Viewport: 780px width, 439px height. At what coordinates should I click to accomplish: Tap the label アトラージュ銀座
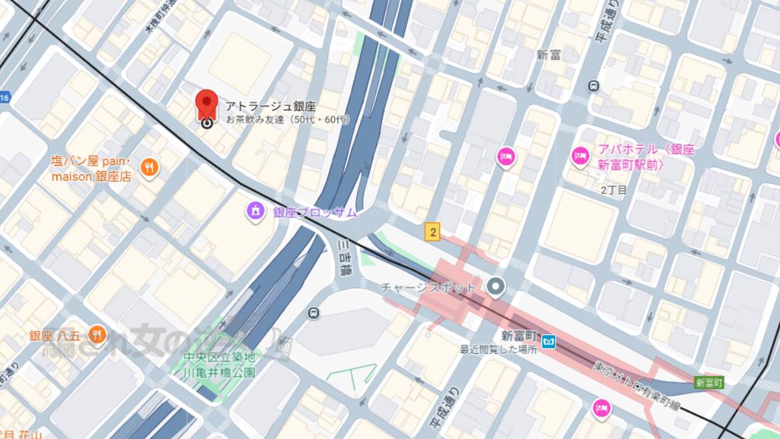click(270, 106)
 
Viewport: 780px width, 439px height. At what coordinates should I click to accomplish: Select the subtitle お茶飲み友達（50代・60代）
click(287, 120)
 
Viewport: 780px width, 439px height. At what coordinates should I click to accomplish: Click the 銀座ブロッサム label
click(315, 212)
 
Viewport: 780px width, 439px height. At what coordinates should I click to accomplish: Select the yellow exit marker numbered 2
click(432, 231)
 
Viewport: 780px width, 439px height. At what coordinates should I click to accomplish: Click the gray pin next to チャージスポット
click(496, 286)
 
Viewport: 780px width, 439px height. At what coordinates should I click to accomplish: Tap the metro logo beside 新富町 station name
click(549, 339)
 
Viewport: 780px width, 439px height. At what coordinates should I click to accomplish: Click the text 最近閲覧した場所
click(499, 349)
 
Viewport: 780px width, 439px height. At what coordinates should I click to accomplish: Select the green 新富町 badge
click(708, 382)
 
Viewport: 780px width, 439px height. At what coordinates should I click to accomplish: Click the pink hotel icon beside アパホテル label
click(580, 155)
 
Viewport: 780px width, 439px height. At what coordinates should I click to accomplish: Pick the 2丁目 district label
click(614, 190)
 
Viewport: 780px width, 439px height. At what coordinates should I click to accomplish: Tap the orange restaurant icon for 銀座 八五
click(97, 335)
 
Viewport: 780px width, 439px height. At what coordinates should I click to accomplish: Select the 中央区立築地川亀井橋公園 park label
click(218, 365)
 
